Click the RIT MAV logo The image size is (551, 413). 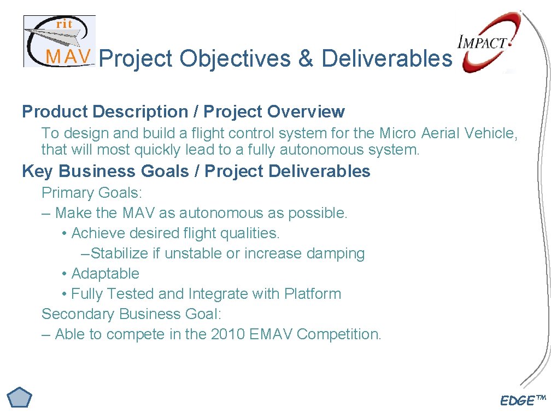tap(59, 42)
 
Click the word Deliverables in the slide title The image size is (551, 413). tap(386, 58)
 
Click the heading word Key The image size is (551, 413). tap(38, 171)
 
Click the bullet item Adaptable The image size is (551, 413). tap(105, 274)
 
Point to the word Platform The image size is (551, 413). tap(312, 294)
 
